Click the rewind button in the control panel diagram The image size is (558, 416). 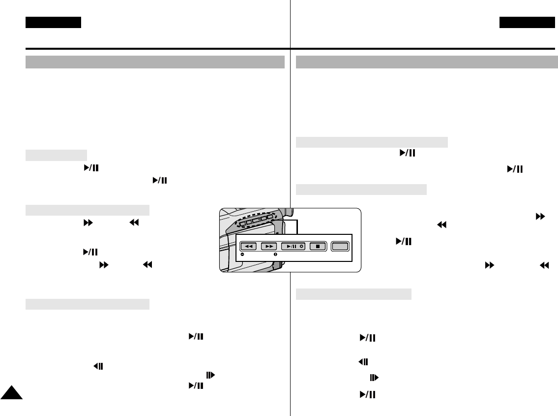[248, 246]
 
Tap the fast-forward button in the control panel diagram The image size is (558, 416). [269, 246]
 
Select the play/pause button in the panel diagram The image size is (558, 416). [293, 246]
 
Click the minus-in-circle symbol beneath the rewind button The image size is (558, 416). [242, 255]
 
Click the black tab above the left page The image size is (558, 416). [53, 22]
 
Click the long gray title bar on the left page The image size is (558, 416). [155, 62]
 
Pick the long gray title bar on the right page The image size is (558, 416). [427, 62]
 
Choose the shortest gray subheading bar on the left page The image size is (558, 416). [56, 155]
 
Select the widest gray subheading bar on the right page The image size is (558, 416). [372, 142]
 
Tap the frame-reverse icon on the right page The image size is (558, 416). [363, 362]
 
